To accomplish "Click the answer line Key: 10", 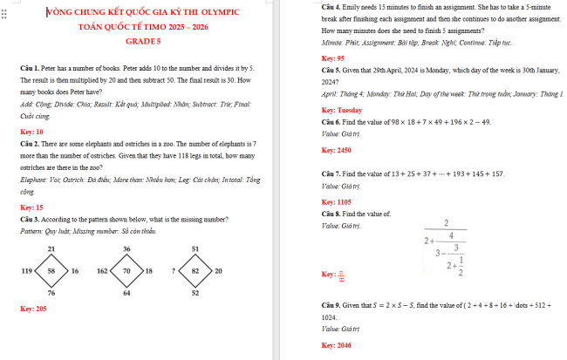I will click(x=31, y=132).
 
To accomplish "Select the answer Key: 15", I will click(x=31, y=207).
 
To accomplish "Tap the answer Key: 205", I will click(x=33, y=309).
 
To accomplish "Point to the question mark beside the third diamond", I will click(x=174, y=271).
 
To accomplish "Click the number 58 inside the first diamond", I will click(x=51, y=271).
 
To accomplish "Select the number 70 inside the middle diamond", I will click(x=126, y=271).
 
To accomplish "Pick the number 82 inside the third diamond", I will click(x=195, y=271).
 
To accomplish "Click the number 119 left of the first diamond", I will click(x=25, y=271).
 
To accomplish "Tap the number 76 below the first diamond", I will click(x=51, y=294).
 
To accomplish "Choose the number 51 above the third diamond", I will click(x=195, y=249).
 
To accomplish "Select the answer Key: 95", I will click(x=333, y=58).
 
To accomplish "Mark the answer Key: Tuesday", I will click(x=341, y=111).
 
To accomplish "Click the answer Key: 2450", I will click(x=337, y=150).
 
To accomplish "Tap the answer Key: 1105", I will click(x=336, y=202).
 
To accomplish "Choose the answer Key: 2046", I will click(x=336, y=346).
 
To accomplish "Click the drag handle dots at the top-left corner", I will click(x=3, y=16).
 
